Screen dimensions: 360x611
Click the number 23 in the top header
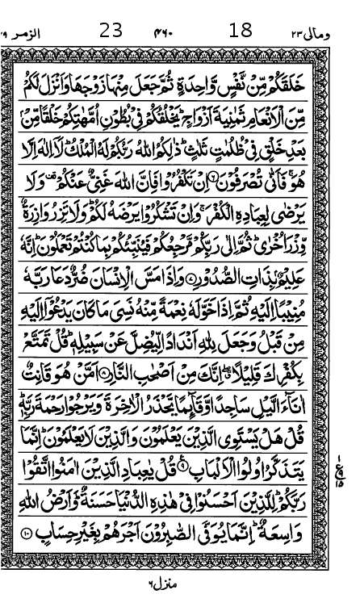point(111,31)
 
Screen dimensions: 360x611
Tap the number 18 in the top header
point(241,31)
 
